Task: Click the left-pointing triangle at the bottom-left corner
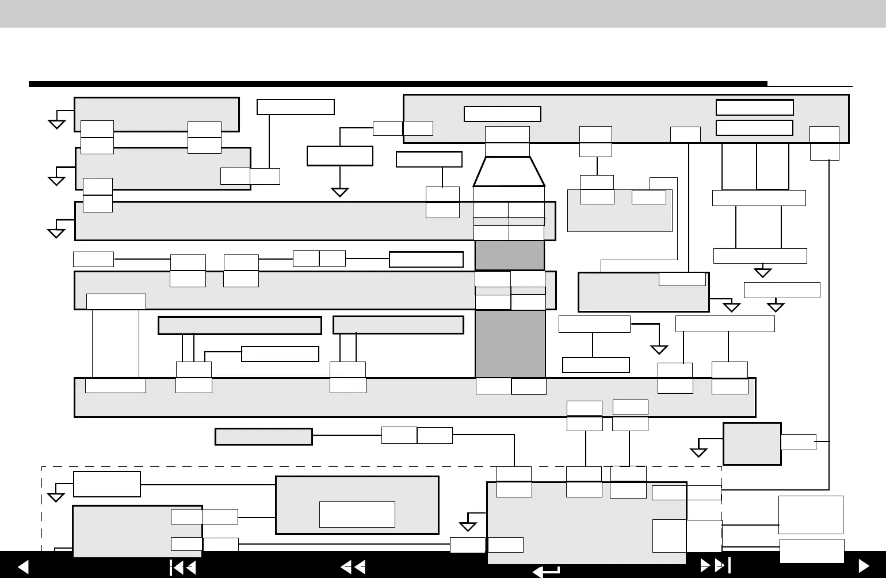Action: (23, 567)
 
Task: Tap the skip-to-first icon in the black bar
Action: (183, 568)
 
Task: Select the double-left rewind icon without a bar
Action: (353, 568)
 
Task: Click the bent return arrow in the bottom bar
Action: (546, 571)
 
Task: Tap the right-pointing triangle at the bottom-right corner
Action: (864, 567)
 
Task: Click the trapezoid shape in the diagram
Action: (509, 172)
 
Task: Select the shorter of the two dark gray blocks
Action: (509, 256)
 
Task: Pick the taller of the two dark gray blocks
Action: (510, 344)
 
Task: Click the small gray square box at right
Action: (751, 443)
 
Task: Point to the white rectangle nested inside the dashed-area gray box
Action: (357, 514)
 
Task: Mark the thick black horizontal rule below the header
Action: (397, 84)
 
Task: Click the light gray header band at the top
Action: (443, 13)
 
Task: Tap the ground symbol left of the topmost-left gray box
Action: (56, 123)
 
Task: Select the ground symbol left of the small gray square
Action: (698, 452)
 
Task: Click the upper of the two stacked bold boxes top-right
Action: (754, 108)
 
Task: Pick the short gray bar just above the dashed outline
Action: (263, 436)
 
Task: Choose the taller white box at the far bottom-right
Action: (811, 515)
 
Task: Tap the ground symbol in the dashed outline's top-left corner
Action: (56, 497)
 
